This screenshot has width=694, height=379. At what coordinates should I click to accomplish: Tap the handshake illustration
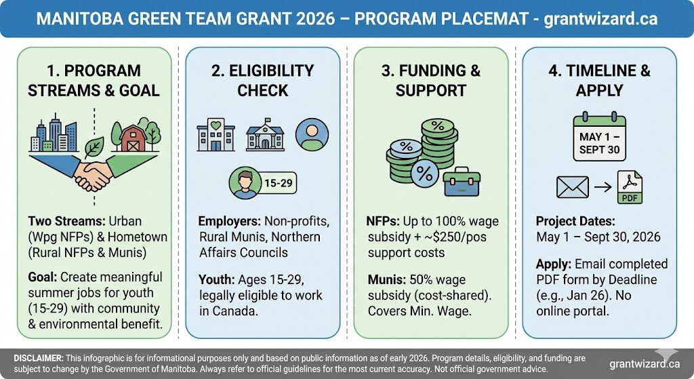(94, 172)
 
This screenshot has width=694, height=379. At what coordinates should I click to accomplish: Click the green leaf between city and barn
(94, 144)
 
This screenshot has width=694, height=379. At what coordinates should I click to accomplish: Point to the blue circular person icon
(312, 135)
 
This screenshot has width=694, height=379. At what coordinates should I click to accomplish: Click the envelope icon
(571, 186)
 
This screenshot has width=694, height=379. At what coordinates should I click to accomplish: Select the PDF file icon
(630, 187)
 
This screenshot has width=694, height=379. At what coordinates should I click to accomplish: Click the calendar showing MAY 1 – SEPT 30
(600, 138)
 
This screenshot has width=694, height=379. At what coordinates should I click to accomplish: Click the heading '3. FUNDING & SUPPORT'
(431, 80)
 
